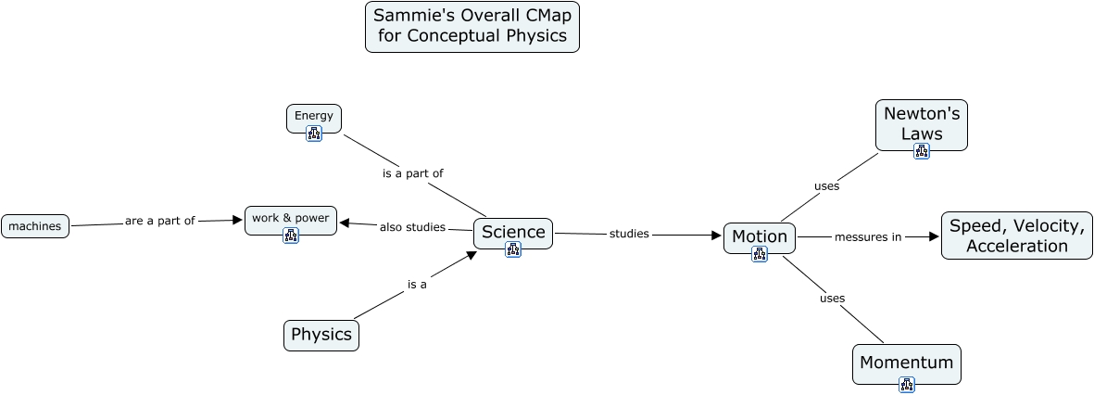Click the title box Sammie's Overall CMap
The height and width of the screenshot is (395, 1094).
tap(472, 27)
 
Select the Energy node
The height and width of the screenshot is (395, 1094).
tap(314, 116)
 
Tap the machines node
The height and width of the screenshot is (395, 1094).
tap(35, 226)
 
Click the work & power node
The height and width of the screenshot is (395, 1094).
tap(291, 218)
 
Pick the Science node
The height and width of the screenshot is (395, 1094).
tap(513, 232)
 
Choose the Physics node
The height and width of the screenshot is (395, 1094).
tap(321, 335)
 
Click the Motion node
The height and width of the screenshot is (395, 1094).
tap(760, 236)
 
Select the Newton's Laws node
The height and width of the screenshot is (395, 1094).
tap(922, 122)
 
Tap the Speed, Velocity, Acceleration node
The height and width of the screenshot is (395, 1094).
tap(1016, 236)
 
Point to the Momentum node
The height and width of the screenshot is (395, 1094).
tap(907, 363)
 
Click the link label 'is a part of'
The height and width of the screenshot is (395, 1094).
tap(413, 173)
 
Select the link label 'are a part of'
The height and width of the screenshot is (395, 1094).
tap(160, 221)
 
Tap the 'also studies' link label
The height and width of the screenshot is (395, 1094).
tap(412, 227)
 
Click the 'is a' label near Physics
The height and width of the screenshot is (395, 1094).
tap(417, 285)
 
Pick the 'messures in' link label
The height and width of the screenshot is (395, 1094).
tap(868, 236)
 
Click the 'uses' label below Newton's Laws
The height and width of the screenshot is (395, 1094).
tap(826, 185)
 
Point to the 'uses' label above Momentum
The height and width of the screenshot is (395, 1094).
tap(833, 298)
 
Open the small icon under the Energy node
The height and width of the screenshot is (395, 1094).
tap(314, 134)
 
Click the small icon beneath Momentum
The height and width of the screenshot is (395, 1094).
tap(907, 385)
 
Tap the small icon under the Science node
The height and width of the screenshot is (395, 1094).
tap(513, 248)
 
